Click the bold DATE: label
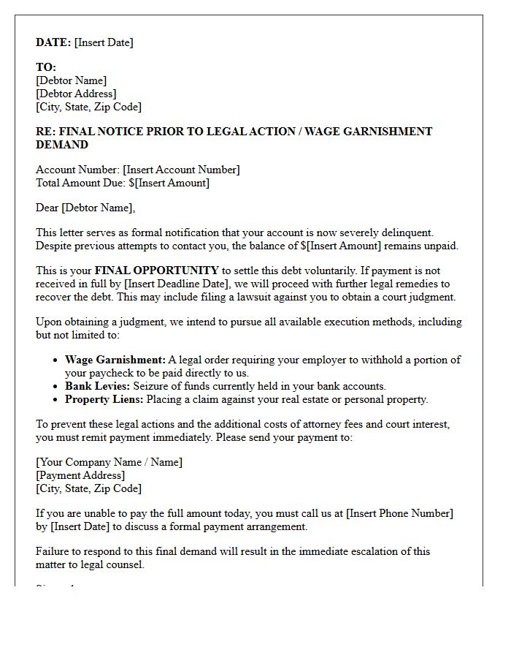click(x=53, y=42)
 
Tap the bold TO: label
click(x=46, y=67)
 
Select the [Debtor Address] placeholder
click(x=76, y=94)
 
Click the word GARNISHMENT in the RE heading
click(x=385, y=132)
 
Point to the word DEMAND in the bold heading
click(x=62, y=145)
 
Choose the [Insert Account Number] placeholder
click(x=181, y=170)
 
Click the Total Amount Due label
click(x=80, y=183)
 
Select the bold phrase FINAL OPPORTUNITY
click(x=156, y=271)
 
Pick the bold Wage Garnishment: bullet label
click(x=115, y=360)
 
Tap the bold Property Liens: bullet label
click(x=104, y=399)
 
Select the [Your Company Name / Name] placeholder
click(x=109, y=462)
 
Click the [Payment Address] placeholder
click(x=80, y=475)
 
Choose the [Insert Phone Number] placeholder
click(x=399, y=513)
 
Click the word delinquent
click(x=407, y=232)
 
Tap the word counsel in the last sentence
click(x=125, y=564)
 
